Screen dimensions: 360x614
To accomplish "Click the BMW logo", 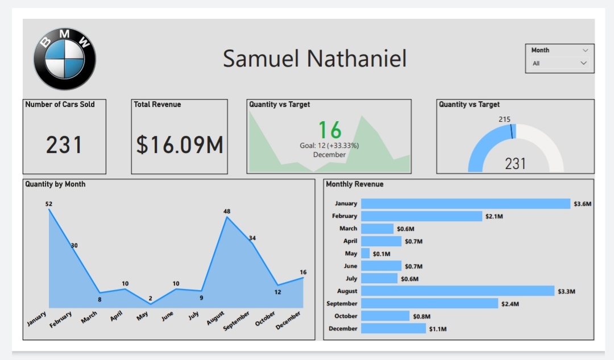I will click(x=65, y=59).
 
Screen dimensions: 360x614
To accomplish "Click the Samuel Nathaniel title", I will click(x=314, y=59).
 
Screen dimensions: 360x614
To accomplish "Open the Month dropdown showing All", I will click(x=559, y=64).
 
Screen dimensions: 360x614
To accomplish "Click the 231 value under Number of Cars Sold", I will click(x=64, y=145).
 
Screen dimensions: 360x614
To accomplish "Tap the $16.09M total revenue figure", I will click(x=180, y=145).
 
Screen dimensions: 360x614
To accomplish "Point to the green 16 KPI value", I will click(x=329, y=130).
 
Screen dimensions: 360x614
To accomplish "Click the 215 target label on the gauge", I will click(x=504, y=119).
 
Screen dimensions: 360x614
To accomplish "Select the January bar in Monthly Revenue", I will click(x=465, y=204).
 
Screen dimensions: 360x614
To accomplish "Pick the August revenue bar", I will click(x=457, y=291).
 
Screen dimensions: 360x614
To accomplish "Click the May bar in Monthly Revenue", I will click(x=365, y=254).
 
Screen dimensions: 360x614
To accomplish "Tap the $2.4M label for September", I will click(x=510, y=304).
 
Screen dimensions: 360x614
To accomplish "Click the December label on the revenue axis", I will click(x=343, y=329).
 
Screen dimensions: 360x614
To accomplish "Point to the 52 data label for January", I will click(x=49, y=204).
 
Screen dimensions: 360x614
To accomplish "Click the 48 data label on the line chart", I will click(x=227, y=212).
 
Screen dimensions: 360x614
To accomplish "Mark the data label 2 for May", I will click(x=151, y=299).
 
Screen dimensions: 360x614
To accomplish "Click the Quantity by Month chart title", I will click(x=55, y=184).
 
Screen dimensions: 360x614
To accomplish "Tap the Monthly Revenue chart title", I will click(x=354, y=184).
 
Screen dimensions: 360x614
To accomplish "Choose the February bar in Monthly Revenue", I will click(x=421, y=216).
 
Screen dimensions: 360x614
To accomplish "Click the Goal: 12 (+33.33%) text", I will click(x=329, y=146).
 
